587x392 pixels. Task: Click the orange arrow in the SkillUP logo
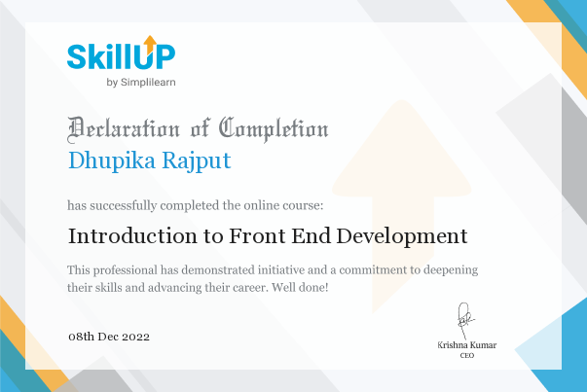[150, 44]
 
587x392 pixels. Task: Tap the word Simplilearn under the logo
[148, 83]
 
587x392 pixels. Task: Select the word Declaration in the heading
[124, 129]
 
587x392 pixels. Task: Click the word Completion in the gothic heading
[274, 129]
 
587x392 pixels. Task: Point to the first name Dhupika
[112, 161]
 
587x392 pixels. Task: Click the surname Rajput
[197, 161]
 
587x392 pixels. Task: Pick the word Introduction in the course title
[132, 236]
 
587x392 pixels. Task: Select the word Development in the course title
[402, 236]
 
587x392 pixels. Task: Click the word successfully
[124, 205]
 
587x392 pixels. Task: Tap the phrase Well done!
[300, 287]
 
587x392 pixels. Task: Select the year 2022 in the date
[136, 337]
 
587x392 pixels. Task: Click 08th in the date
[81, 337]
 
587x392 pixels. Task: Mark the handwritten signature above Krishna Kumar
[465, 320]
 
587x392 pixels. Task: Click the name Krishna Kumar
[467, 345]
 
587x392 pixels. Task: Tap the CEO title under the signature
[467, 355]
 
